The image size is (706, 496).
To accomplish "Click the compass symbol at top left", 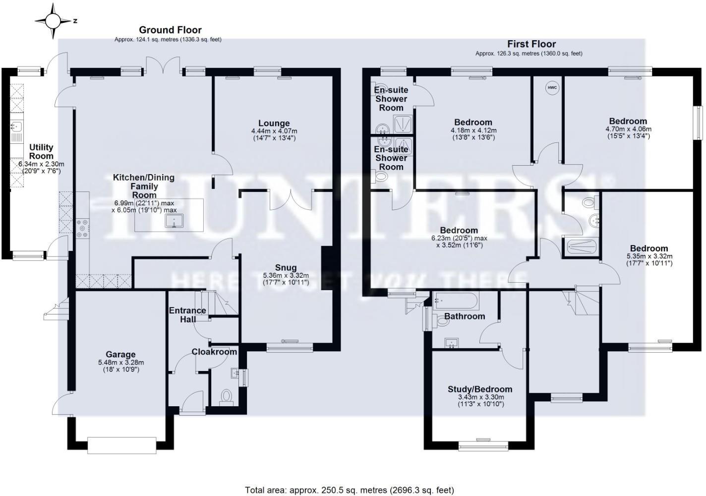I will coord(54,21).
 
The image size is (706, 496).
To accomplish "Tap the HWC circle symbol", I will coord(552,88).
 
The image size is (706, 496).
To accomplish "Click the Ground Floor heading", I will coord(170,30).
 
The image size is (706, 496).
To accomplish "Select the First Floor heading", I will coord(531,44).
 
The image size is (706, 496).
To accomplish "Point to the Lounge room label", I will coord(274,124).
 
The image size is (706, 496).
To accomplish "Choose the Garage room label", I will coord(120,354).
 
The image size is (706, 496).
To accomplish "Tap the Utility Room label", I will coord(41,151).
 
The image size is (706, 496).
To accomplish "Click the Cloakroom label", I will coord(214,352).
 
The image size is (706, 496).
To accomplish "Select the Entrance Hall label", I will coord(187,315).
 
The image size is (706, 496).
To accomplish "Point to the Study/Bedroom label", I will coord(479,389).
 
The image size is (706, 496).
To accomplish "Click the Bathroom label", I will coord(464,316).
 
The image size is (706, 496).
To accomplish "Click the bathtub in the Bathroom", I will coord(455,301).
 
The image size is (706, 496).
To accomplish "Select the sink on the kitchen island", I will coord(174,221).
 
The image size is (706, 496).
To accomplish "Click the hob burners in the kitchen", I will coord(82,228).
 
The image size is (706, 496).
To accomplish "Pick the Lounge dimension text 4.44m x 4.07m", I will coord(274,131).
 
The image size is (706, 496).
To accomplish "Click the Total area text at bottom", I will coord(350,490).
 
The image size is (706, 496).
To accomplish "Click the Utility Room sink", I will coord(15,128).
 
